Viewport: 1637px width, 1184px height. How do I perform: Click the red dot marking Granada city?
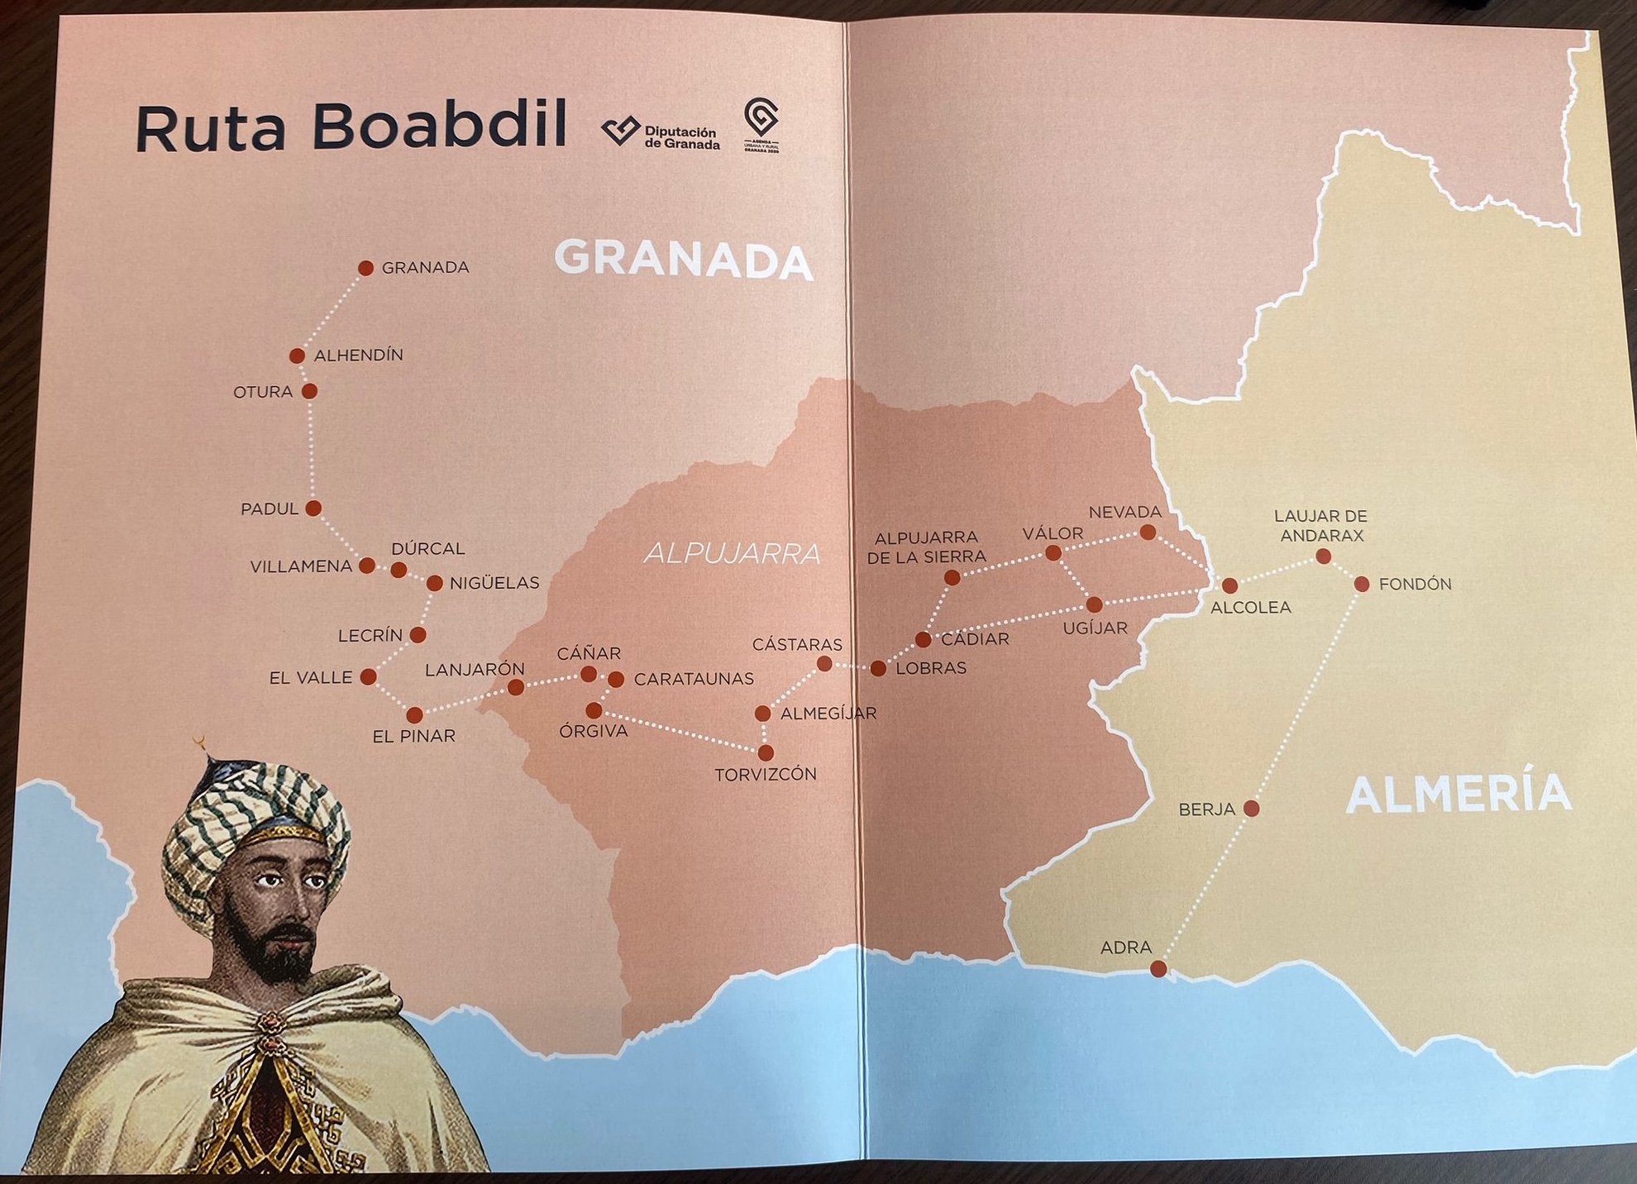[x=365, y=268]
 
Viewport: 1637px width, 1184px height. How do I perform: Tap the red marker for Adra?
[x=1158, y=969]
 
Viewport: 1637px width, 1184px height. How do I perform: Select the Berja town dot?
[x=1251, y=808]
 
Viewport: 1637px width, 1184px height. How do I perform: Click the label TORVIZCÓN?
[x=766, y=775]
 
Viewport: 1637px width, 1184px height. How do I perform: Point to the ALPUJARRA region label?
[x=732, y=553]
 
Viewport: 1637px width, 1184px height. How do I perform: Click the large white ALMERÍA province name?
[x=1458, y=794]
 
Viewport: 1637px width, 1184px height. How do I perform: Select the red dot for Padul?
[x=313, y=508]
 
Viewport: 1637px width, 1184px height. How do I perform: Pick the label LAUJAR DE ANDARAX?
[x=1320, y=526]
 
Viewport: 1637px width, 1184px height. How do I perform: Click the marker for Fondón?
[x=1362, y=585]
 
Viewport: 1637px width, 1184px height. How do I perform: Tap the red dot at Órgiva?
[x=594, y=710]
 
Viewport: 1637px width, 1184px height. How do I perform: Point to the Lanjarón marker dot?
[x=516, y=687]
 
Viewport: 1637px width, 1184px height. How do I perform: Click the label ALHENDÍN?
[x=359, y=356]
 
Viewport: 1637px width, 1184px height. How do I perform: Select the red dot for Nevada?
[x=1148, y=532]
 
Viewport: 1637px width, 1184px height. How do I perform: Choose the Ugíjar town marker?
[x=1094, y=604]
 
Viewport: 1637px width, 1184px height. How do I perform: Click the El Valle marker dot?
[x=369, y=677]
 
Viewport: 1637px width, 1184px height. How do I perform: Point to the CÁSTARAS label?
[x=797, y=644]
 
